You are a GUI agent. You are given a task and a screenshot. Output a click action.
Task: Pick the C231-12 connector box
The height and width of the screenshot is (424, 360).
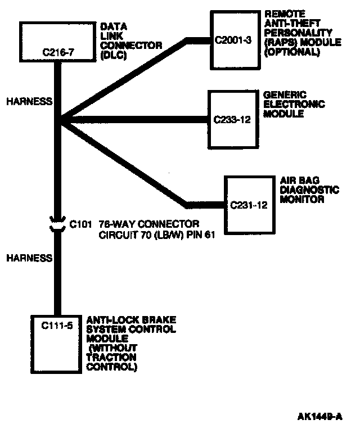coord(248,203)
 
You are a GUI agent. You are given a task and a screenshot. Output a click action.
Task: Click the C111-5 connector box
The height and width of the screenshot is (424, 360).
coord(58,340)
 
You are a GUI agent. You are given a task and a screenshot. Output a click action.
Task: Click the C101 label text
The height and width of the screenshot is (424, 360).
coord(80,224)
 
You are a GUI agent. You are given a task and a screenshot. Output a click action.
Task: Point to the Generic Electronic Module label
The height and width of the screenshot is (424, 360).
coord(294,103)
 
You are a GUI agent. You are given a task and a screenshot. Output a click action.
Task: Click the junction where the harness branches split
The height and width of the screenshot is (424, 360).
coord(58,120)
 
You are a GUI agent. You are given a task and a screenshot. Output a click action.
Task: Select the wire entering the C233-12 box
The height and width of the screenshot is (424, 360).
coord(169,120)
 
